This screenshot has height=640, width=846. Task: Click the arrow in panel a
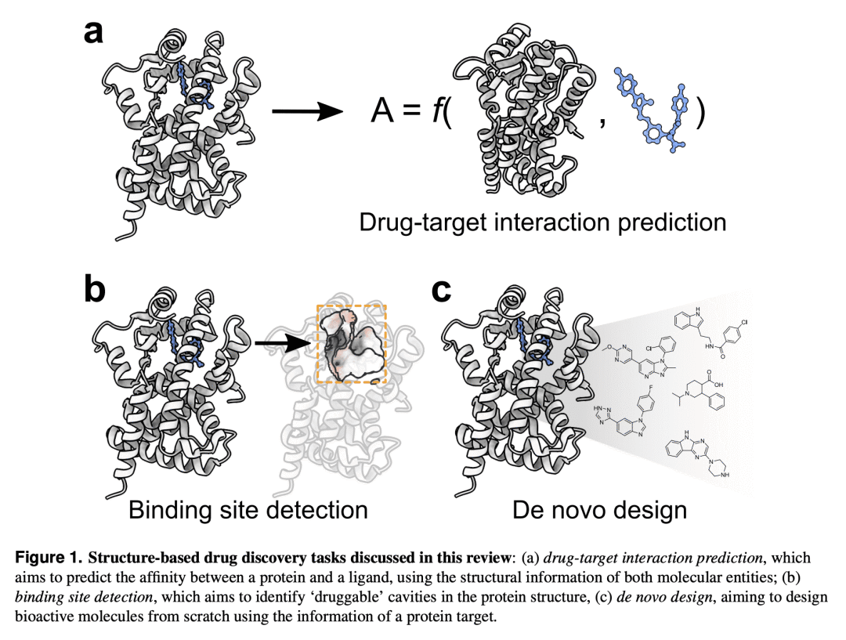(x=307, y=112)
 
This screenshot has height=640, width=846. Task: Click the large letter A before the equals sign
(x=381, y=113)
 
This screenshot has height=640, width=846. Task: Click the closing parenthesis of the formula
(x=700, y=113)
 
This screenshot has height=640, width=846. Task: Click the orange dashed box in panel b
(x=351, y=343)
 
